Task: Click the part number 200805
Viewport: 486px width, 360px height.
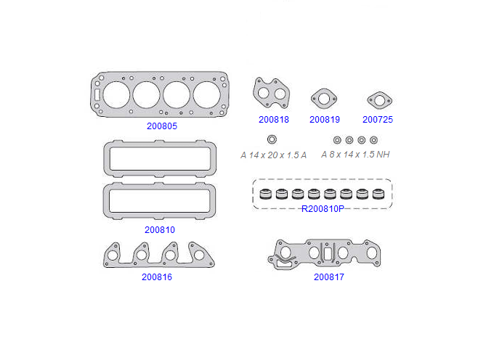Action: pos(162,126)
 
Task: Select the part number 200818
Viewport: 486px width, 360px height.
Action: pos(274,120)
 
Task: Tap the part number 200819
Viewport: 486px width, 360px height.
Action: pos(325,120)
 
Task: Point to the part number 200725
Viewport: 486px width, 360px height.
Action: pos(378,120)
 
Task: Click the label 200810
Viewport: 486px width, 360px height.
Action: pos(160,229)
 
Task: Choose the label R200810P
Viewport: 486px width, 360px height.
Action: pos(323,209)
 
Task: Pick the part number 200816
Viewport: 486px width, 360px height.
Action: pos(156,277)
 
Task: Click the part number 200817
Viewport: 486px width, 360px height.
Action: pos(329,277)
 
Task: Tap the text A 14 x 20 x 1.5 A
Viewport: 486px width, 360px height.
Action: pos(273,155)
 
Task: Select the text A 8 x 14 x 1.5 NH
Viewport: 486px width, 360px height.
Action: pos(355,155)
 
